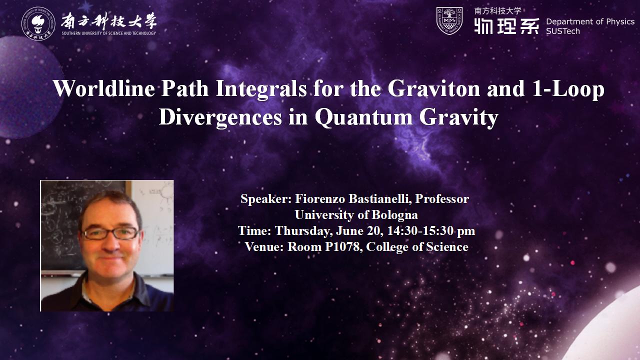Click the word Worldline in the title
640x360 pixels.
tap(104, 88)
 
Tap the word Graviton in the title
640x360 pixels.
tap(433, 88)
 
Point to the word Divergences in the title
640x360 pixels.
tap(220, 117)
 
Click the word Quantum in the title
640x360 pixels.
tap(363, 117)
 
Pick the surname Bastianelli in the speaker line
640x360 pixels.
tap(380, 199)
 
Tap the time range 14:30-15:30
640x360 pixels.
tap(420, 231)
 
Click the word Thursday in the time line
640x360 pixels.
tap(303, 231)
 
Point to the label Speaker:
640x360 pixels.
tap(266, 199)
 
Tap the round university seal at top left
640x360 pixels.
tap(38, 23)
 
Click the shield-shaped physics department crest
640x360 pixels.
tap(449, 21)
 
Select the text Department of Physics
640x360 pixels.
tap(590, 21)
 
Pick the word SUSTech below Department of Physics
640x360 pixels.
tap(563, 31)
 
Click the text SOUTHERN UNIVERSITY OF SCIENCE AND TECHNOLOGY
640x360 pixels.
tap(109, 33)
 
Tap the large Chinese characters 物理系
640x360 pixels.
tap(507, 26)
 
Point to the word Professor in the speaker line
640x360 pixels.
tap(442, 199)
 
